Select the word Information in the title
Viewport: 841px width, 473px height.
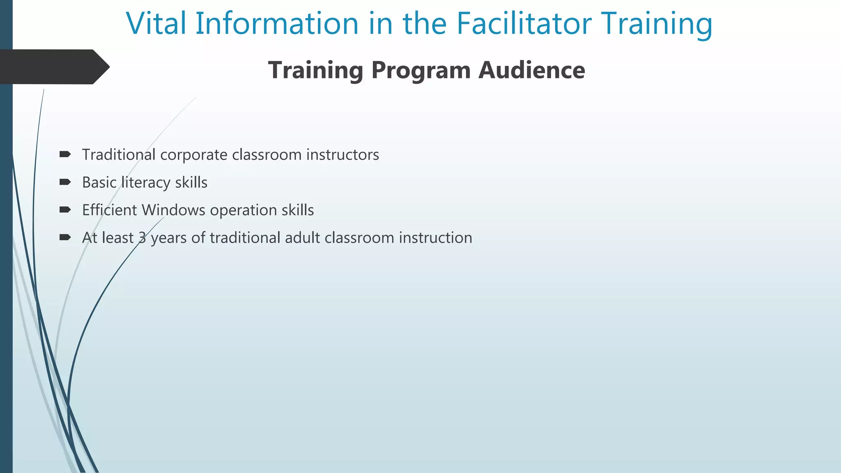click(277, 23)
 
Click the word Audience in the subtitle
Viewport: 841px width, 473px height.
click(532, 70)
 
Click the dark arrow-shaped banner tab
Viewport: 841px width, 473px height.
click(53, 67)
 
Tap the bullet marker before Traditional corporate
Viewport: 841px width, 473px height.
click(65, 154)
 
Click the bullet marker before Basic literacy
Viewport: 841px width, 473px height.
click(65, 182)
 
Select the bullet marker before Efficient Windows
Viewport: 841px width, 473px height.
click(65, 210)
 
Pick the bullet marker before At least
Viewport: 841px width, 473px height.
click(65, 237)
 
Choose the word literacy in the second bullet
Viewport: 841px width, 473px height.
click(146, 183)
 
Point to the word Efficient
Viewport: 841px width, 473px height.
click(110, 210)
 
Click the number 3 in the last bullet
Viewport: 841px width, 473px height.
click(142, 238)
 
